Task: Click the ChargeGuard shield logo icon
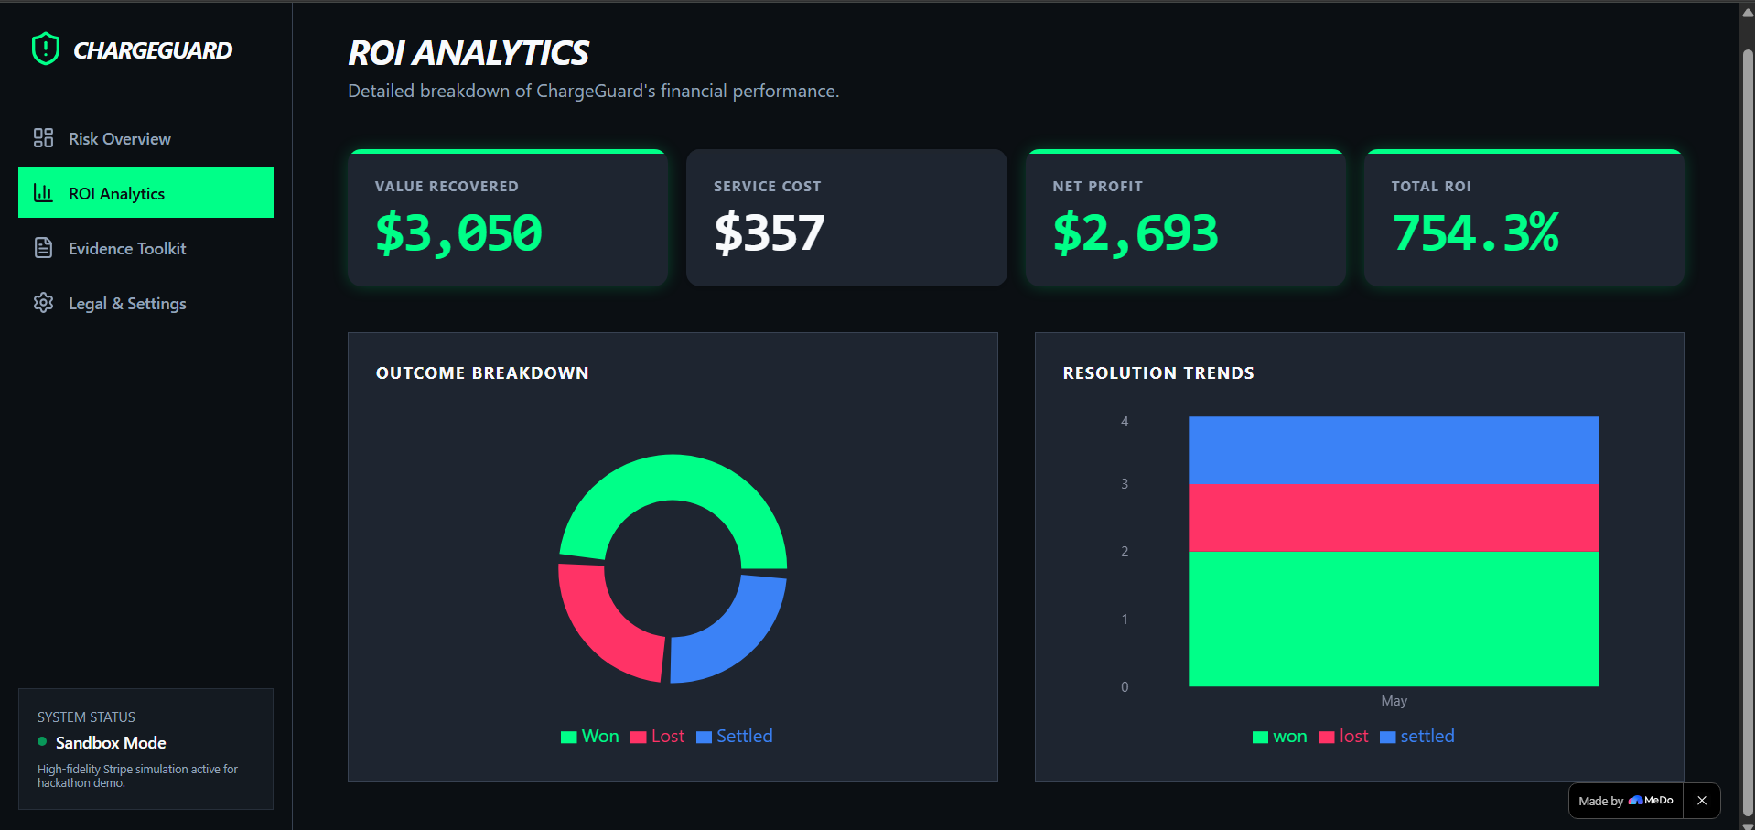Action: click(45, 49)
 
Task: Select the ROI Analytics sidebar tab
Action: click(145, 193)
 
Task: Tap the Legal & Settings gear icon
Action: click(43, 303)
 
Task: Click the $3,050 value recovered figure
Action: click(458, 232)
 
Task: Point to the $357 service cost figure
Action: click(769, 232)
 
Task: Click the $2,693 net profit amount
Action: click(1136, 232)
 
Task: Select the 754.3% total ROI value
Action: click(1475, 232)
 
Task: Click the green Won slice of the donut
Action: click(673, 478)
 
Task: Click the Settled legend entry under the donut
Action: click(735, 737)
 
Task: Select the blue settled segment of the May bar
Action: click(1394, 450)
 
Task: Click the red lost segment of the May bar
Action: click(1394, 518)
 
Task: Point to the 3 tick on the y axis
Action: click(1125, 484)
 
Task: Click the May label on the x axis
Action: click(1394, 701)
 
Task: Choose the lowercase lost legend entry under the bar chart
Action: click(1343, 737)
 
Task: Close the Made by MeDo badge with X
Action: click(1702, 801)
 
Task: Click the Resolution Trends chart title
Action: click(1158, 373)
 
